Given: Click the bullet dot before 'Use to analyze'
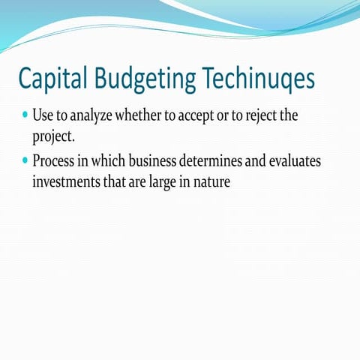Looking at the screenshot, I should click(26, 117).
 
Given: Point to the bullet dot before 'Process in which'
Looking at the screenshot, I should click(26, 160).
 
